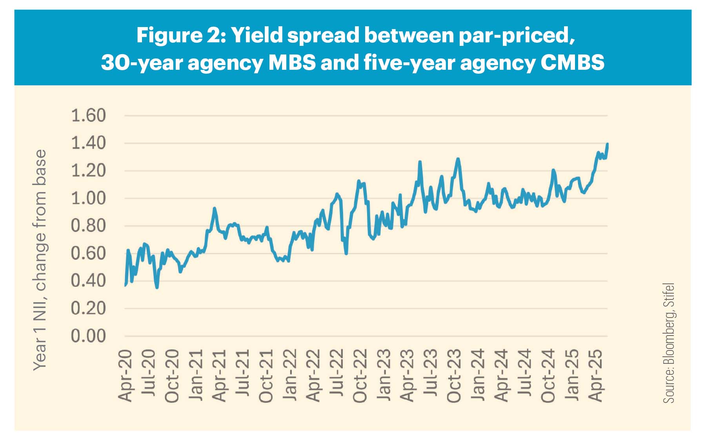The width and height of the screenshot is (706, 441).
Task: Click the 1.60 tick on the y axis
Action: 88,116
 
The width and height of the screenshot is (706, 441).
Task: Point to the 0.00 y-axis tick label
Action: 88,336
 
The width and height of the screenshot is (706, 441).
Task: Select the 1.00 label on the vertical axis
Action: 88,198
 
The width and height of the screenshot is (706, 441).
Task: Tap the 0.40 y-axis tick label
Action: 88,281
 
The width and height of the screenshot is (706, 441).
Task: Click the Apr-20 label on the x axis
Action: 126,376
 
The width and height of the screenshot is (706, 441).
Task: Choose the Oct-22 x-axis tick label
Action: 360,376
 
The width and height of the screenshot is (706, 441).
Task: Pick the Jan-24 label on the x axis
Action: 478,376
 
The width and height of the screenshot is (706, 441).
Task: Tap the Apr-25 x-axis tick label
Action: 595,376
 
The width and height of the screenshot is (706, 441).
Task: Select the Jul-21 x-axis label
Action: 243,376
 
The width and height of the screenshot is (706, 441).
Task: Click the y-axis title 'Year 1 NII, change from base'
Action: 40,260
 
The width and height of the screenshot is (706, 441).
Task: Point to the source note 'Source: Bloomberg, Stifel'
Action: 669,343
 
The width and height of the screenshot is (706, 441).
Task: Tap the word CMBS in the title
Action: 572,63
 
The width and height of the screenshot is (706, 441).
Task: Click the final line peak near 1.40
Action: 607,144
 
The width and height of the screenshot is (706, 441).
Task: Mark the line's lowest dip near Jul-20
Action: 157,287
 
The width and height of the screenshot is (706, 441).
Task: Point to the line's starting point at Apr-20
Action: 125,285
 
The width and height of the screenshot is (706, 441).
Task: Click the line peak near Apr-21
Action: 214,209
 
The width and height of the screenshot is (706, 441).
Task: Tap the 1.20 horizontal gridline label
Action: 88,171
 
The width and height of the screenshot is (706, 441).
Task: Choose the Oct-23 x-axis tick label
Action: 454,376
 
